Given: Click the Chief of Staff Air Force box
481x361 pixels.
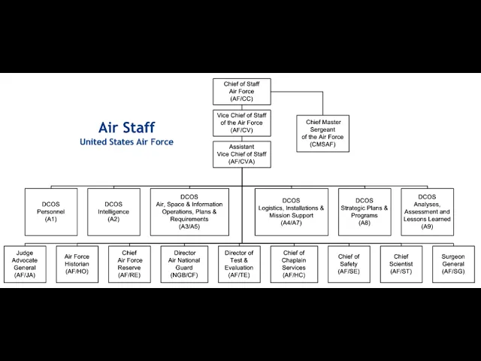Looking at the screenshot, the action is [x=242, y=92].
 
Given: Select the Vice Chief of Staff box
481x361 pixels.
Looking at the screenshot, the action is [x=242, y=123].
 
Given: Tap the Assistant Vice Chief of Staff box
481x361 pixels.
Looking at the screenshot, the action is [x=242, y=154].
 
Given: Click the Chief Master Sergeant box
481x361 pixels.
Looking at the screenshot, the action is [x=322, y=133].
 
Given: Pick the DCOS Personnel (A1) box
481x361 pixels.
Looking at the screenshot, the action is [x=51, y=212].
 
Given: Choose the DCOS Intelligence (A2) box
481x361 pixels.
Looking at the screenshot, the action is [x=113, y=212].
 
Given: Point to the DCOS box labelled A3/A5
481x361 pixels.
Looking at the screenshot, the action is [x=189, y=212].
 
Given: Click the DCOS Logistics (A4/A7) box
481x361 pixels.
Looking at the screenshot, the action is [x=291, y=212].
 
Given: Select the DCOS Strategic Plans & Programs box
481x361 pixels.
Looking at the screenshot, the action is [x=365, y=212].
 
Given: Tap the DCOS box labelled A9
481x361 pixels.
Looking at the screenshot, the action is [x=427, y=212].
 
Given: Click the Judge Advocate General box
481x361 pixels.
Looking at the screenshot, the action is [x=25, y=264].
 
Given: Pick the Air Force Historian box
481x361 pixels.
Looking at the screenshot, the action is [x=77, y=264].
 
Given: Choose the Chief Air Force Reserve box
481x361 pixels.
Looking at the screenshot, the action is [x=129, y=264].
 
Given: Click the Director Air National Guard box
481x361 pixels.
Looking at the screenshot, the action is [x=184, y=264].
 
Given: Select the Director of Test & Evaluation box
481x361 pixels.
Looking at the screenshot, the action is [x=239, y=264].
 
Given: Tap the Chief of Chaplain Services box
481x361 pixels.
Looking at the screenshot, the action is [x=294, y=264].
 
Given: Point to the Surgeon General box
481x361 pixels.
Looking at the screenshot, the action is [x=453, y=264].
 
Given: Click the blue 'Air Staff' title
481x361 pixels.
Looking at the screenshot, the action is [x=127, y=127].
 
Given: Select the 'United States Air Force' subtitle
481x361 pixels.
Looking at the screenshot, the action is [x=126, y=142].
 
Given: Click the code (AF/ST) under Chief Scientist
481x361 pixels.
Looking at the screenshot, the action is [x=401, y=272].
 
